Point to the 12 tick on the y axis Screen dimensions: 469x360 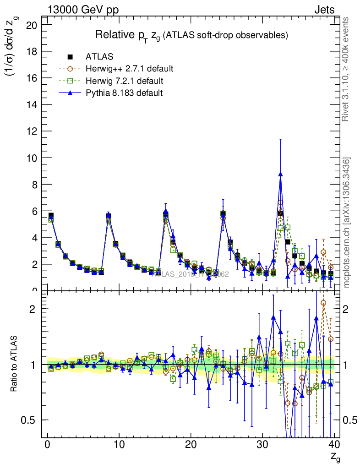pos(32,131)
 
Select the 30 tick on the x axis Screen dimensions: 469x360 pos(262,444)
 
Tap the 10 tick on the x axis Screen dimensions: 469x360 pos(119,444)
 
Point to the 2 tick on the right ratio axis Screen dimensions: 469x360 pos(350,309)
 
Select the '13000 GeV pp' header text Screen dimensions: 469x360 pos(83,10)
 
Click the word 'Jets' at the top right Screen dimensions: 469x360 pos(324,10)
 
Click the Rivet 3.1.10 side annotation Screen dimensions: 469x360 pos(346,69)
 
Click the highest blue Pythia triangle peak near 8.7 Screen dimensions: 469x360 pos(280,174)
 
